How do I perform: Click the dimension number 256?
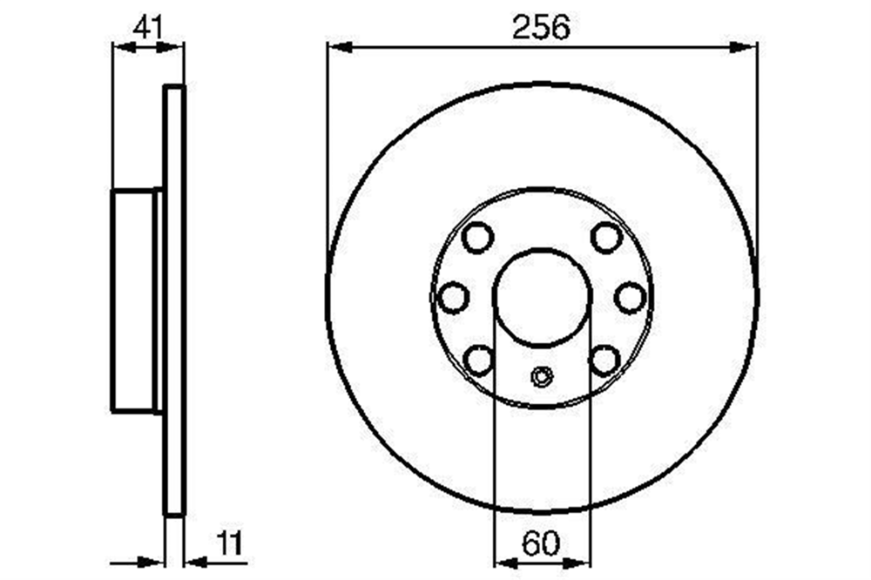[541, 28]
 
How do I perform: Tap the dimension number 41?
[148, 27]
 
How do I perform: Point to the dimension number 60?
[541, 543]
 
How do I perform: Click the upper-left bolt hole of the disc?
[477, 237]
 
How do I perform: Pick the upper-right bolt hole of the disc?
[606, 237]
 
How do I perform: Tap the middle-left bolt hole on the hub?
[453, 297]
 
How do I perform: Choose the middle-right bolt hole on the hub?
[631, 297]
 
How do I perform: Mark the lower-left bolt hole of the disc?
[478, 360]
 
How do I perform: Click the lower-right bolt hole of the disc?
[605, 360]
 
